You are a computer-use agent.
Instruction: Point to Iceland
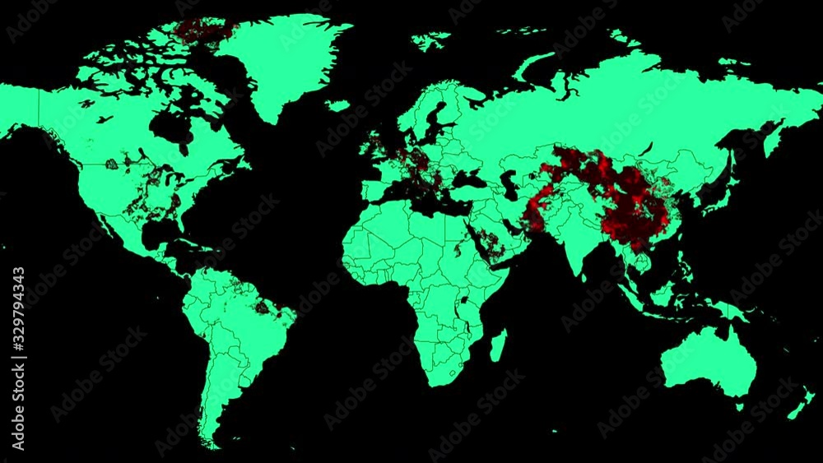(337, 105)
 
